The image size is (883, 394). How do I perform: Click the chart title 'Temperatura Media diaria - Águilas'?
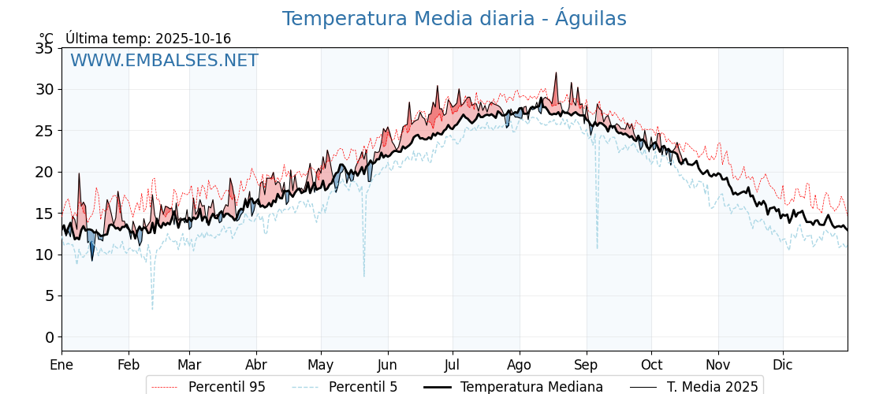coord(454,19)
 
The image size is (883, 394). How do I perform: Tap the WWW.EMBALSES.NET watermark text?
coord(164,61)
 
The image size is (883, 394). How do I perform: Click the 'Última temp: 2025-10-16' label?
coord(148,39)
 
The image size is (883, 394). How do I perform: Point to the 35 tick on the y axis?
coord(44,48)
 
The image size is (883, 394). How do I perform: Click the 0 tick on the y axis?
coord(49,337)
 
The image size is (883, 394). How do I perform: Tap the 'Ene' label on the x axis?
coord(61,365)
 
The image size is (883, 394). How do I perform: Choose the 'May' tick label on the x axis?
coord(321,365)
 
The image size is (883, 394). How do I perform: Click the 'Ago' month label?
coord(520,365)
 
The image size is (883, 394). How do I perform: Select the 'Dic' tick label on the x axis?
coord(783,365)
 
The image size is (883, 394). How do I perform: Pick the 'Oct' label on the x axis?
coord(651,365)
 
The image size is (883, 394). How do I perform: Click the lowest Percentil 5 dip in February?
coord(152,308)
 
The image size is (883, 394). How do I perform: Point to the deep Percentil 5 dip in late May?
coord(363,275)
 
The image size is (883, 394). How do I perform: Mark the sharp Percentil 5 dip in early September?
coord(597,247)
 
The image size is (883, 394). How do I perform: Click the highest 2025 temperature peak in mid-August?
coord(556,73)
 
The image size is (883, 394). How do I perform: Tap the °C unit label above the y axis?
coord(47,39)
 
